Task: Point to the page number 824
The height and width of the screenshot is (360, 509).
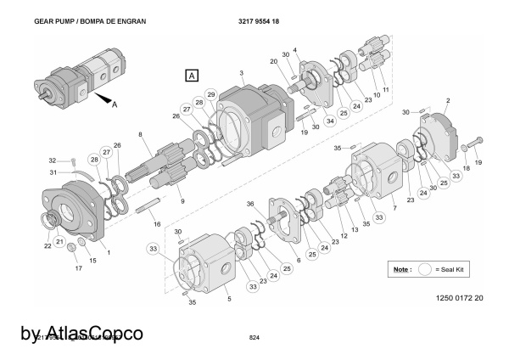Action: click(x=254, y=338)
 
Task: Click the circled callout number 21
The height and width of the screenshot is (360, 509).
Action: click(x=60, y=242)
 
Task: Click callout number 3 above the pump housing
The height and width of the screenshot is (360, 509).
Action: click(x=242, y=73)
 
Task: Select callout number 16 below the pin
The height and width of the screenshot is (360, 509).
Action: click(x=156, y=223)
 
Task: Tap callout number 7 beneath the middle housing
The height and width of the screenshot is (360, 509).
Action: click(x=394, y=208)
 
